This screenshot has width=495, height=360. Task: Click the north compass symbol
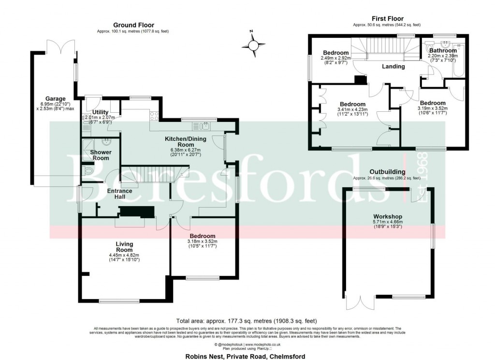pos(253,45)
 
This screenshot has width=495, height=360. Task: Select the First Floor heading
pos(387,18)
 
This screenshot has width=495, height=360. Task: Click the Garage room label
pos(55,99)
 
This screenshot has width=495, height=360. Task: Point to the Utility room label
pos(101,112)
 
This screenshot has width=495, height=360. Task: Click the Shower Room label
pos(101,155)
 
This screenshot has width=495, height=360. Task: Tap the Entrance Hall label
pos(119,194)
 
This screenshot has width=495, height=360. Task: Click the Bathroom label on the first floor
pos(443,50)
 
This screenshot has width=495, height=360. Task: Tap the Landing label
pos(393,66)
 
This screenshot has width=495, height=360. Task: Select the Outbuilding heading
pos(387,172)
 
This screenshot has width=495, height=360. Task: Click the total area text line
pos(247,320)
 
